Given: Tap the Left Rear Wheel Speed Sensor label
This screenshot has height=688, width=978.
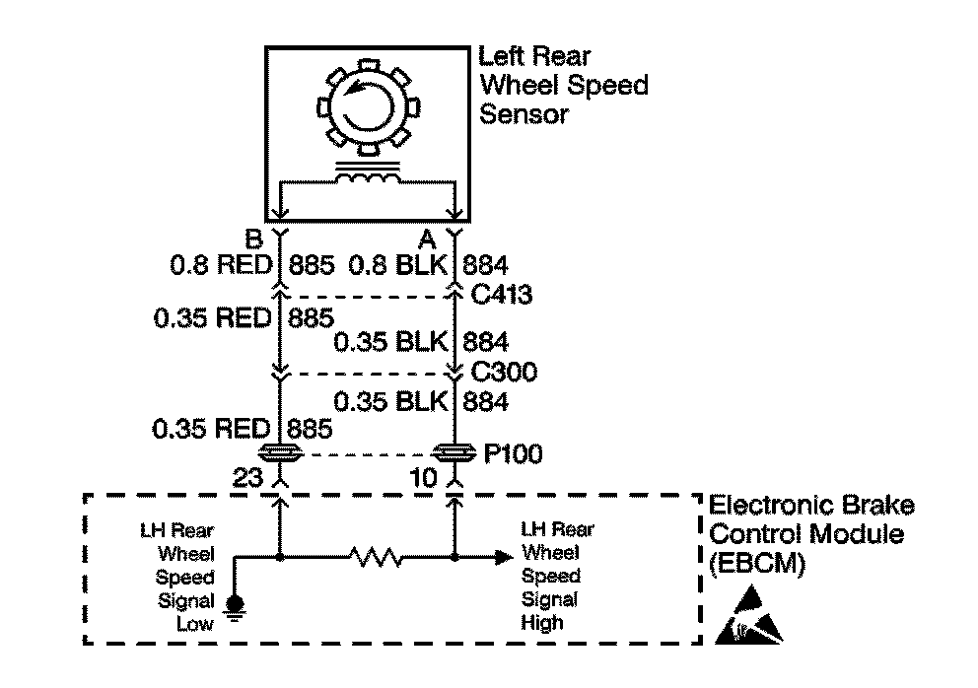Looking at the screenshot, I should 562,85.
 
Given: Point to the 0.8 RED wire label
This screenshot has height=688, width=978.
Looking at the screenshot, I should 218,263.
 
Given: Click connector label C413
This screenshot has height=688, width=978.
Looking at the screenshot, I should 503,293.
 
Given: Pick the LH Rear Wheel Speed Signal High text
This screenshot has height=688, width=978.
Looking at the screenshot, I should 557,575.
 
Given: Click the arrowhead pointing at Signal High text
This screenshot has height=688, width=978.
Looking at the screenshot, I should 503,558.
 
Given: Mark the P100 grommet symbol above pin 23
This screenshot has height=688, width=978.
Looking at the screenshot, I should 280,454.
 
